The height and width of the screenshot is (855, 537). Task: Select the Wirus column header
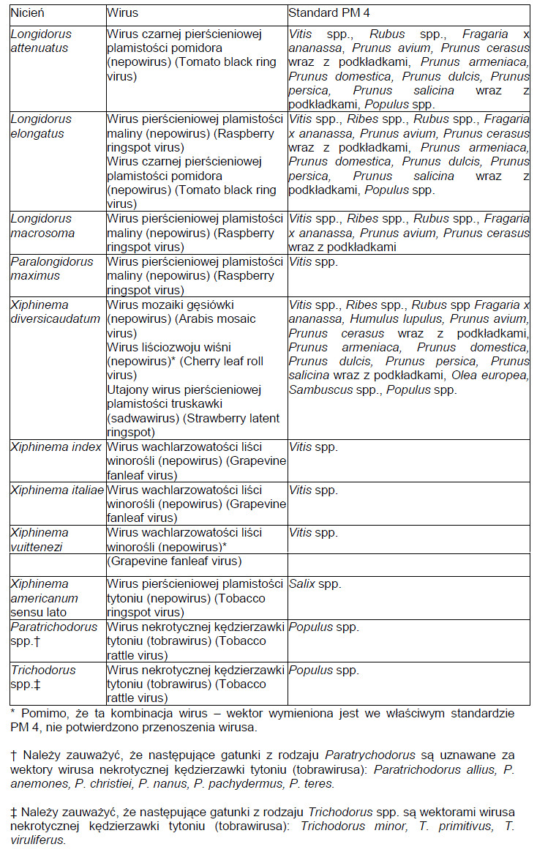pos(122,13)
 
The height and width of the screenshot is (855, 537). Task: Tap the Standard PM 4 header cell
pos(328,13)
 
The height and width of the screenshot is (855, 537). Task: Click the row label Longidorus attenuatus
pos(41,41)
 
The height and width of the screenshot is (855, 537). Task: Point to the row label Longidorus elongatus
pos(41,127)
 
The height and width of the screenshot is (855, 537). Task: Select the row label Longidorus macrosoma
pos(41,225)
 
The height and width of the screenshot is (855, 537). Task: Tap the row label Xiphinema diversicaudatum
pos(51,312)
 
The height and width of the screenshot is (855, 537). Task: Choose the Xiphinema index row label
pos(56,447)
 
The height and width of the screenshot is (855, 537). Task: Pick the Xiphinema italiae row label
pos(57,490)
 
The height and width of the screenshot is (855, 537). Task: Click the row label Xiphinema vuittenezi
pos(40,539)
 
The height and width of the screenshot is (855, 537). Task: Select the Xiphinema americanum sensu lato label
pos(44,598)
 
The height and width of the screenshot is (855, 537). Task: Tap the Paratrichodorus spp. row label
pos(53,634)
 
